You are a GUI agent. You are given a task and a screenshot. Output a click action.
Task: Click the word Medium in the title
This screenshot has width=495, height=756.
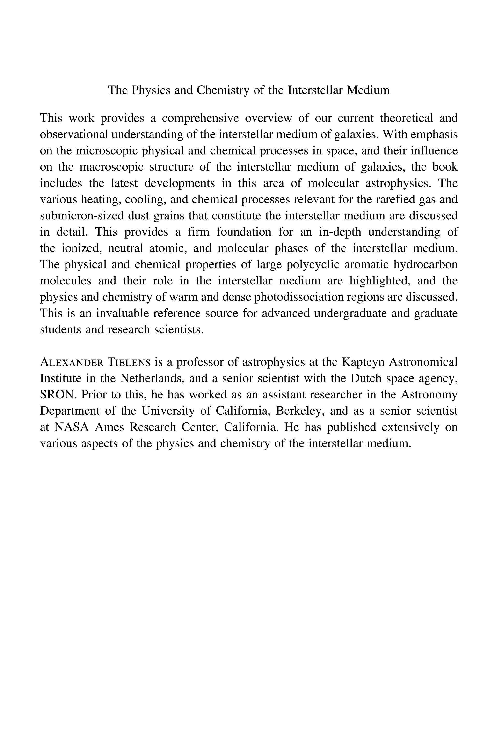[368, 90]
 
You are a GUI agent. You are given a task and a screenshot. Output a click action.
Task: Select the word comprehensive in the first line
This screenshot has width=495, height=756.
[200, 118]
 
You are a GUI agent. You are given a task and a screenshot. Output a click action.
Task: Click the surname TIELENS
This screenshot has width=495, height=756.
[129, 362]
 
